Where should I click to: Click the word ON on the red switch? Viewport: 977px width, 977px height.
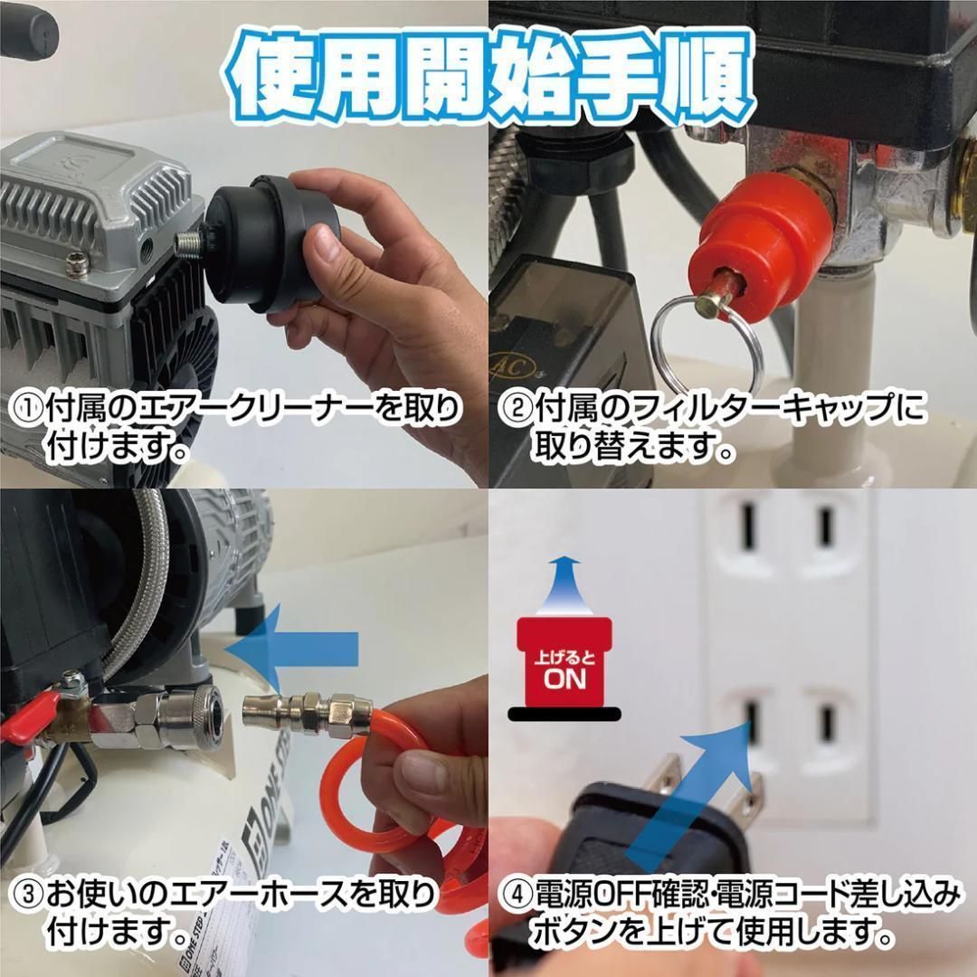point(564,679)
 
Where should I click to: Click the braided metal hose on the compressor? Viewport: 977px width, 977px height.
point(136,597)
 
